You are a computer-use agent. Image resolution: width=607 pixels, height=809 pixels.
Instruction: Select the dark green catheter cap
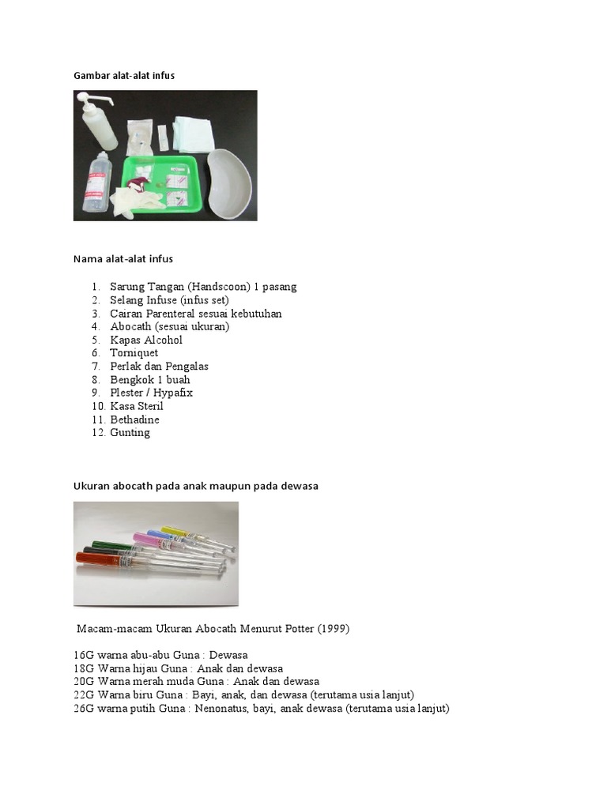[107, 545]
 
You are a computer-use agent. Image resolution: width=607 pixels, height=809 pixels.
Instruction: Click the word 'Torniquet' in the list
[134, 353]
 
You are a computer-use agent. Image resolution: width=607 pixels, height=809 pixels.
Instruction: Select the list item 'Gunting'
[130, 433]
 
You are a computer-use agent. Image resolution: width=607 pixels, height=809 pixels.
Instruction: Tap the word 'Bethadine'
[134, 420]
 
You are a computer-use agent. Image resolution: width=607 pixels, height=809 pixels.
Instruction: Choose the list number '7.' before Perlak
[95, 367]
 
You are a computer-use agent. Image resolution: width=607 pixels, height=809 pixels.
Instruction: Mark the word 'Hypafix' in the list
[174, 393]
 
